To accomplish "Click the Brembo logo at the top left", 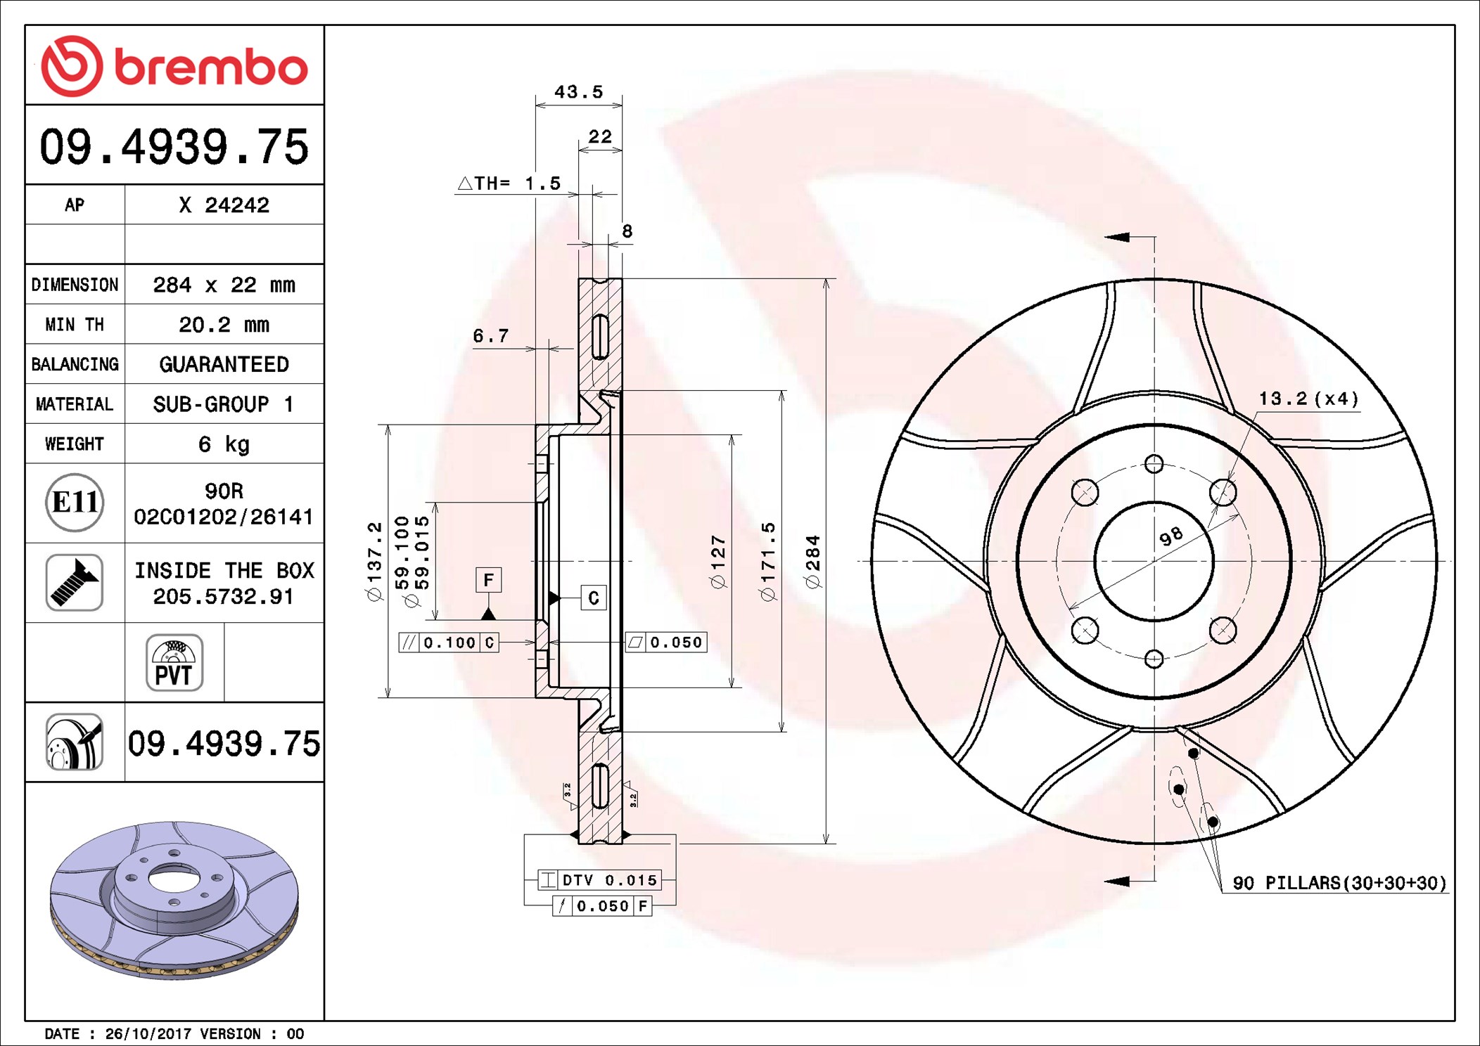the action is click(x=174, y=66).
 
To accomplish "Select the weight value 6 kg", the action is click(x=224, y=444).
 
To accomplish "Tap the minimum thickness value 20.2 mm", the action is click(x=224, y=325).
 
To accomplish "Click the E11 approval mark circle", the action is click(x=75, y=503).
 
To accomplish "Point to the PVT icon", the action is click(x=174, y=662).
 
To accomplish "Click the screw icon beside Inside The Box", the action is click(x=75, y=582).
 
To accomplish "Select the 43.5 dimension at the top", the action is click(x=578, y=92).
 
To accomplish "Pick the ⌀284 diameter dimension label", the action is click(x=812, y=561).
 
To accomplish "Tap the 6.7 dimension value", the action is click(x=490, y=336).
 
